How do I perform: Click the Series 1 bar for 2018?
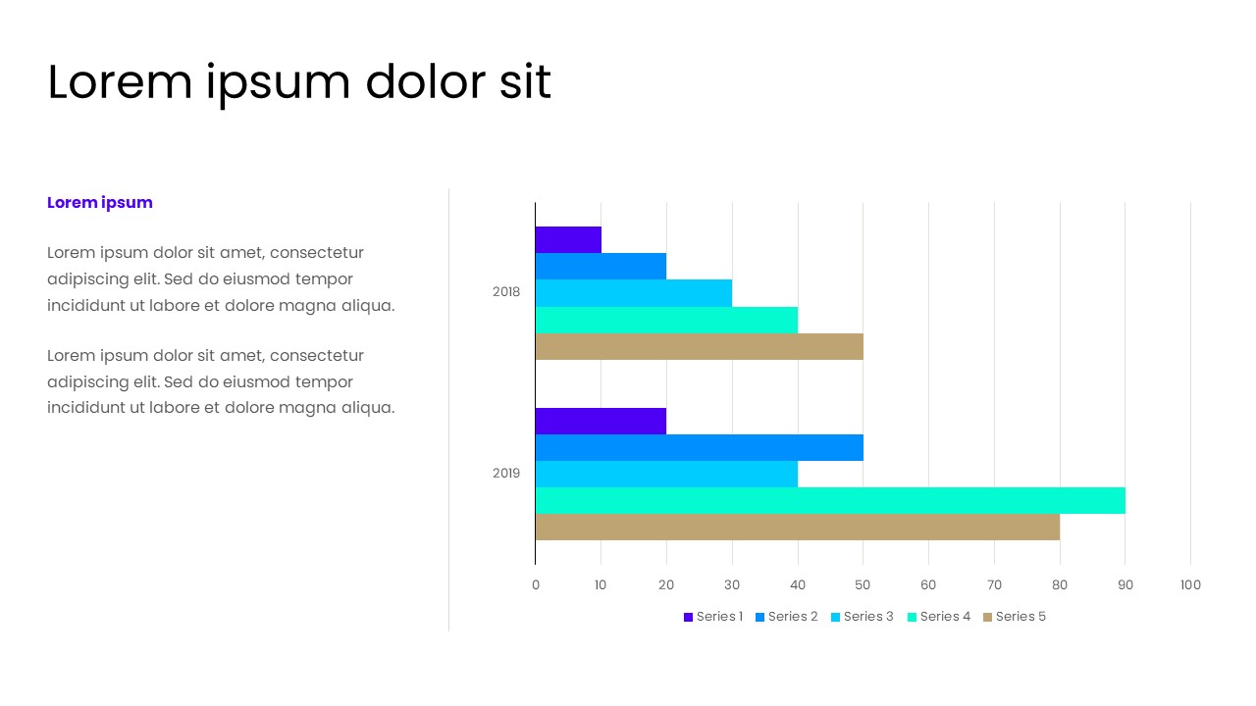click(x=568, y=239)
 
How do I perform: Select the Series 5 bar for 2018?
click(x=699, y=346)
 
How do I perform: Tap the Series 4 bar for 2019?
click(x=830, y=500)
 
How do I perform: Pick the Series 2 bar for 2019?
click(x=699, y=447)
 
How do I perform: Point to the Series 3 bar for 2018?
click(x=634, y=293)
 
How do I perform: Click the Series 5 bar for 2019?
click(x=797, y=527)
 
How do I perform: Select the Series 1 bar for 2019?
click(x=601, y=421)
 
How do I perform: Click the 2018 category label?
click(x=506, y=292)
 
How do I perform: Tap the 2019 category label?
click(x=506, y=474)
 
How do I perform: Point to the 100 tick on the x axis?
click(x=1190, y=585)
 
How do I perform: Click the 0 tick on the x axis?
click(x=535, y=585)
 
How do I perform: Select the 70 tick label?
click(x=994, y=585)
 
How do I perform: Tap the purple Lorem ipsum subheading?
click(x=100, y=203)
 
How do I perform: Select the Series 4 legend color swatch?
click(x=912, y=617)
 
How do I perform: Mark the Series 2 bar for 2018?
click(x=601, y=267)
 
